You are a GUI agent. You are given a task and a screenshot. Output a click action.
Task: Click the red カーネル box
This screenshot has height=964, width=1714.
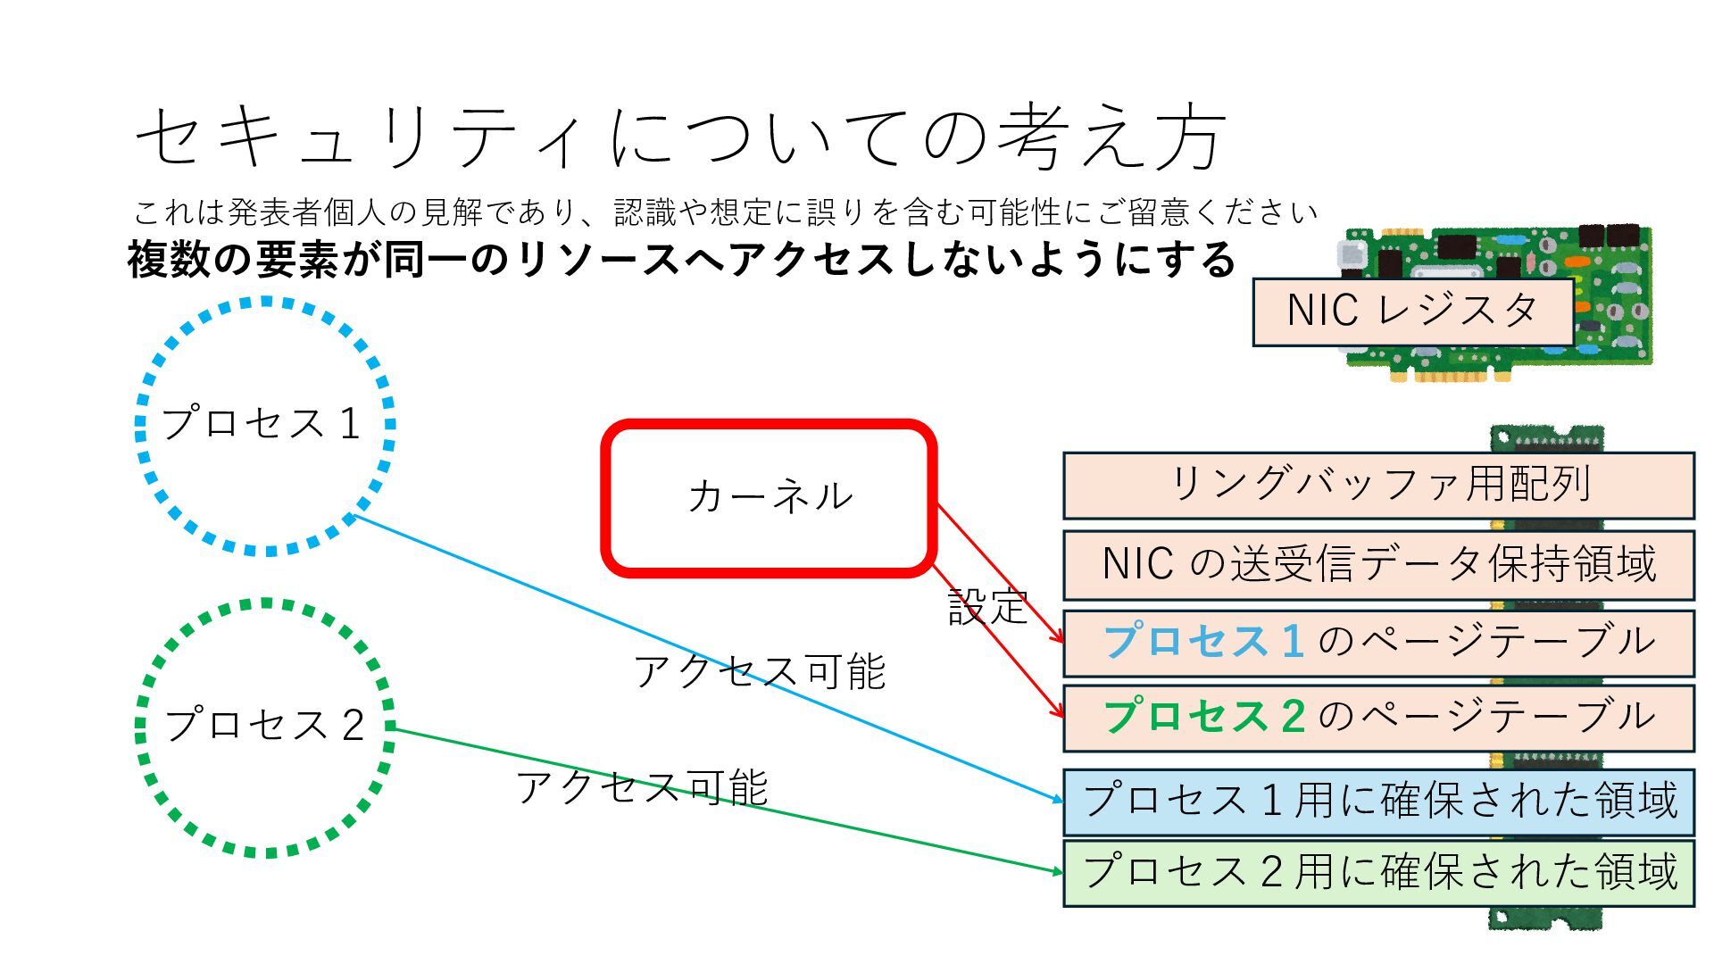769,497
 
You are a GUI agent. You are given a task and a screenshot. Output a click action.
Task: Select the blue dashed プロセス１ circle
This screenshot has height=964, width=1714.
264,426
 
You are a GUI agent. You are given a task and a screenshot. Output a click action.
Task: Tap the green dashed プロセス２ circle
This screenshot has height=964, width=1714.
264,727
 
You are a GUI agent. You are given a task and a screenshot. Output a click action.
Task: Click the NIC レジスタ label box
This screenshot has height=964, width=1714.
1412,312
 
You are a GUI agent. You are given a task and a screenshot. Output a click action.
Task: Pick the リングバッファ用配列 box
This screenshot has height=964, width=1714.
1378,486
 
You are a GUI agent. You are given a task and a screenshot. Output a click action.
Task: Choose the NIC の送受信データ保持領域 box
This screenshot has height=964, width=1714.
1378,565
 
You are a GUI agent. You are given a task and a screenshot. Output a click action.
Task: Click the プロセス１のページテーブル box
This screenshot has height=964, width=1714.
1378,643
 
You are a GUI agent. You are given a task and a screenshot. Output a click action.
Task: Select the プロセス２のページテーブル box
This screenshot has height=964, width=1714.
1378,718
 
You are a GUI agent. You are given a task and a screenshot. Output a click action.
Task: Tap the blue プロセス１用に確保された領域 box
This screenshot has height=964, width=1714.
1378,801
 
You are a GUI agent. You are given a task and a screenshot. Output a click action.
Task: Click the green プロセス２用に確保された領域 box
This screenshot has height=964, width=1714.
1378,872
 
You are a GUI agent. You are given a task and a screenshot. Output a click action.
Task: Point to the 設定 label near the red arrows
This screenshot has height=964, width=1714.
987,608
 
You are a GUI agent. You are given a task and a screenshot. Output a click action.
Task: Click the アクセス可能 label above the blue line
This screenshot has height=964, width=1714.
759,671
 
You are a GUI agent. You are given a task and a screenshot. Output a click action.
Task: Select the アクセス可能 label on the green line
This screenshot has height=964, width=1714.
642,787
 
